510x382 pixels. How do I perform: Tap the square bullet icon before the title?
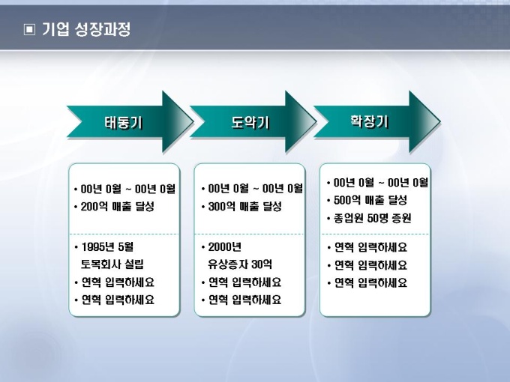(29, 30)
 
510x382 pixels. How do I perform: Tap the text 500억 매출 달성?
(370, 200)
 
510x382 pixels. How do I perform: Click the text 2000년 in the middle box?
(225, 246)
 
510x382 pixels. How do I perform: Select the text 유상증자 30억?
(240, 264)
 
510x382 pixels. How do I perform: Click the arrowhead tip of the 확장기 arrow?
(439, 121)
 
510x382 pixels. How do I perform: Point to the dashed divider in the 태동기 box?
(124, 234)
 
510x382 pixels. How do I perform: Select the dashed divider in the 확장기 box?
(375, 234)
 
